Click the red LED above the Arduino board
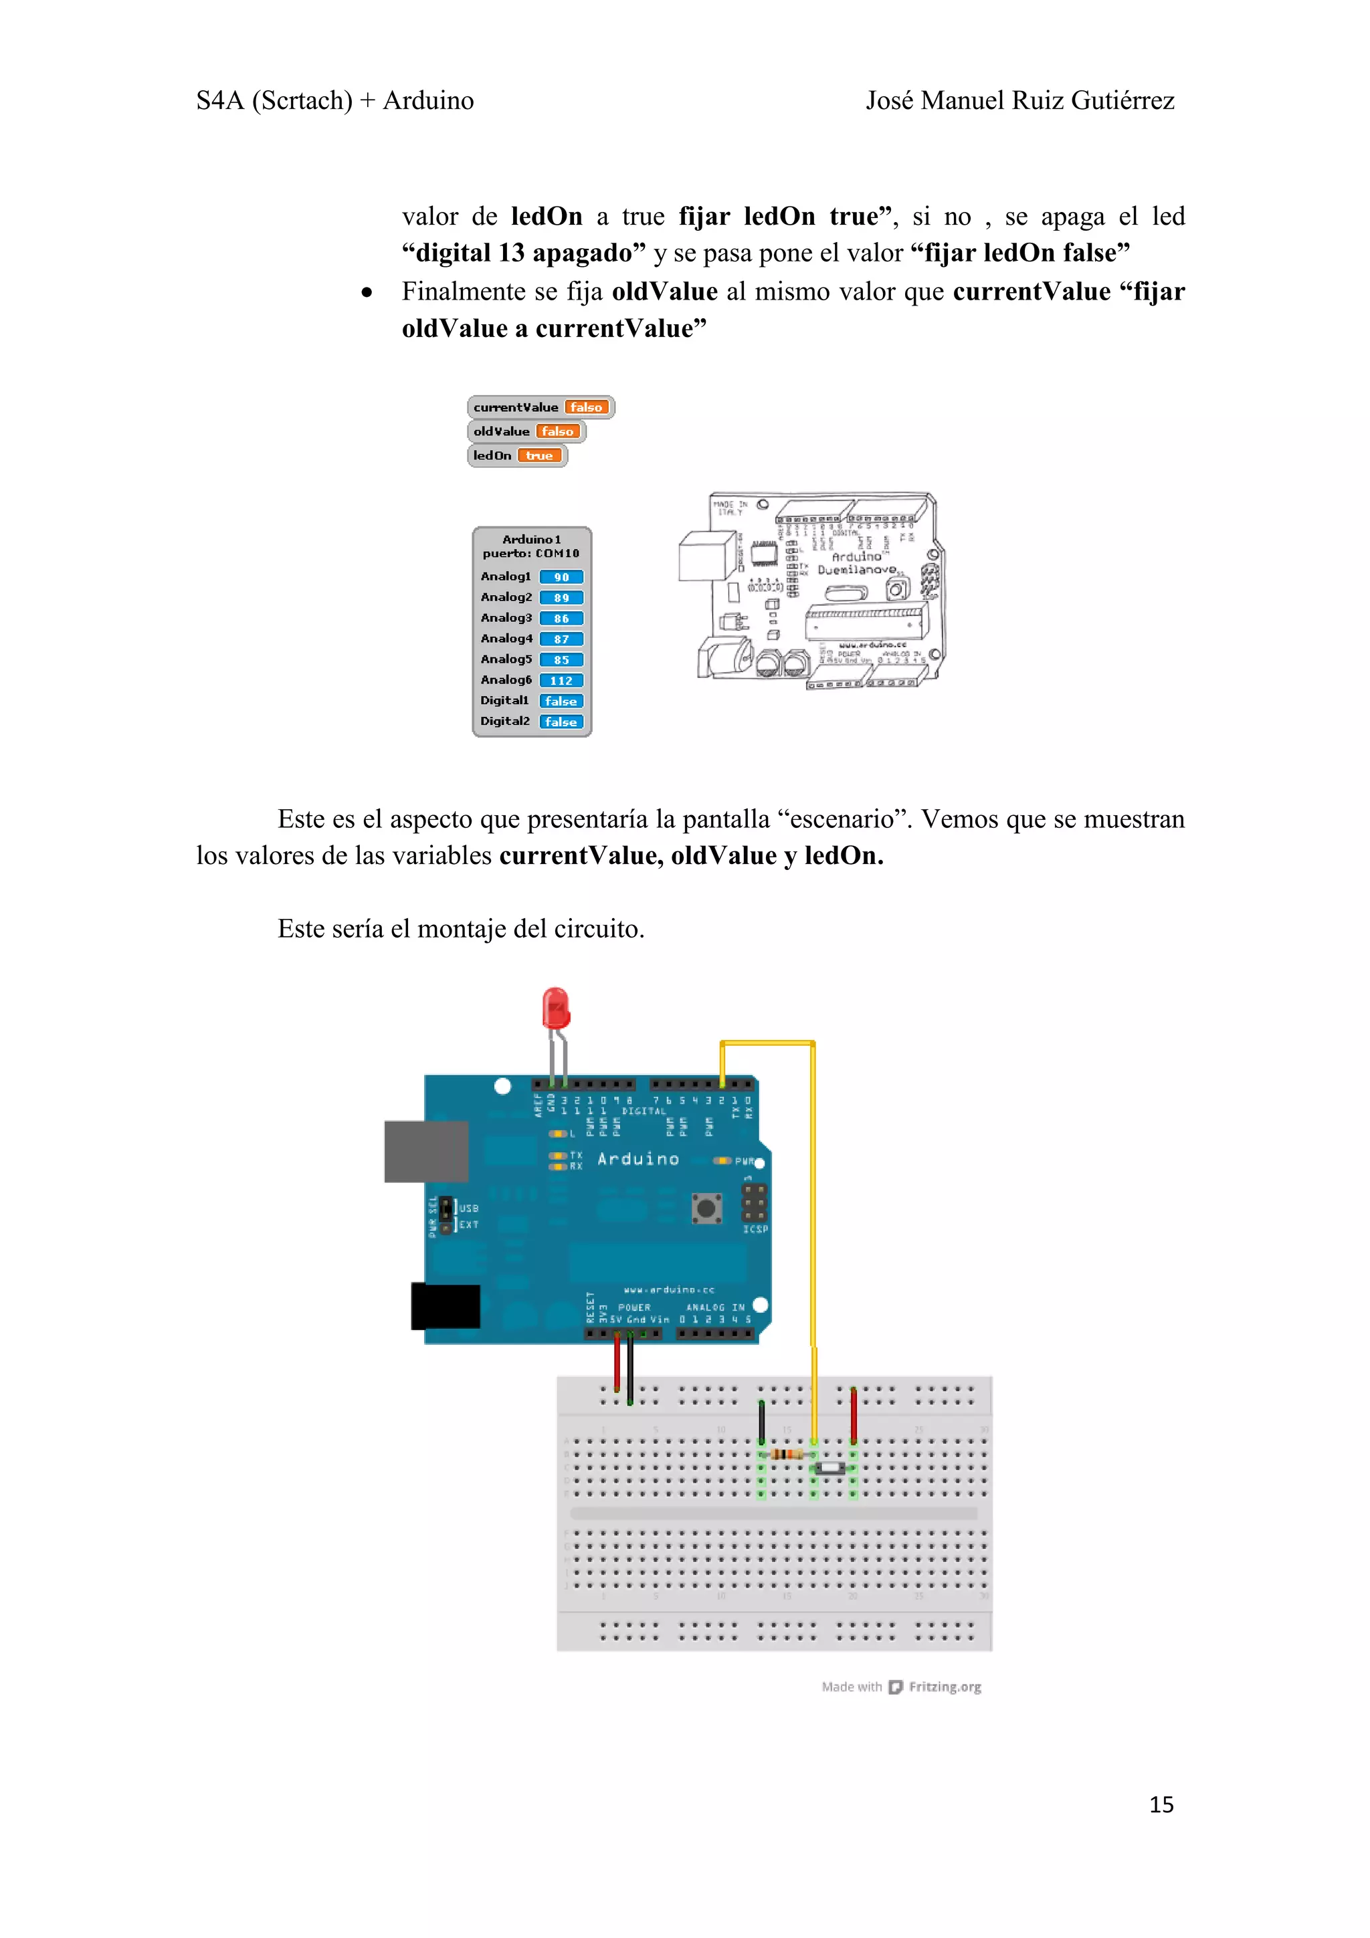tap(555, 1008)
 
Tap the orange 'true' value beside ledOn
tap(539, 456)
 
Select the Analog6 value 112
tap(561, 680)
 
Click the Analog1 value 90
tap(561, 577)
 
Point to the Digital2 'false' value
tap(561, 722)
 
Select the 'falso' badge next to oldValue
tap(557, 431)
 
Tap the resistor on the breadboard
tap(787, 1454)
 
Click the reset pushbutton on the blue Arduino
tap(706, 1208)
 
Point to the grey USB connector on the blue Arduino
tap(425, 1152)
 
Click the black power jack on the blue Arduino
tap(446, 1306)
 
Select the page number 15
tap(1161, 1805)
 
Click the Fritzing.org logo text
tap(945, 1687)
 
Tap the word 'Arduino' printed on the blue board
tap(638, 1159)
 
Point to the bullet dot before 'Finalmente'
tap(367, 293)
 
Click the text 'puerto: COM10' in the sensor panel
tap(531, 554)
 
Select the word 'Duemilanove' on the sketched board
tap(857, 570)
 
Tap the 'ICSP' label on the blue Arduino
tap(755, 1229)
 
